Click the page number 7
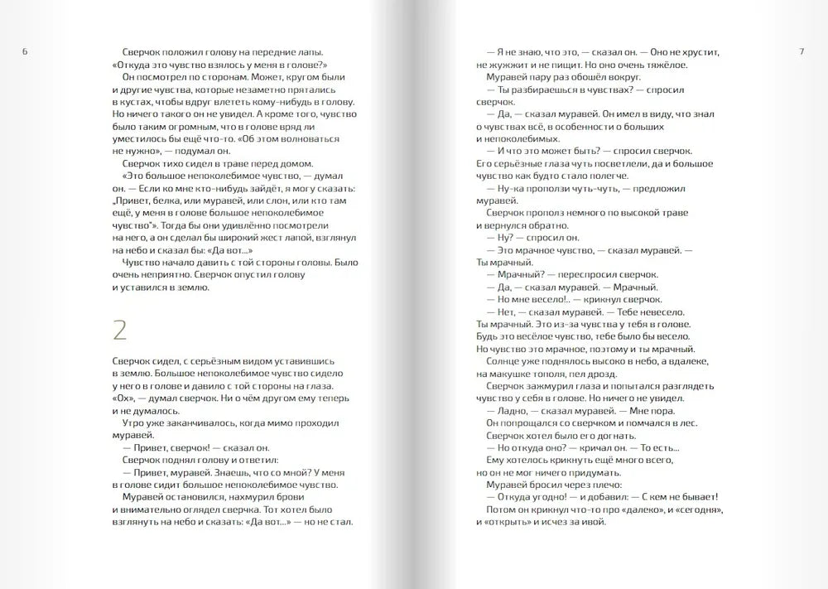[x=802, y=52]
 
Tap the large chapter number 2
[x=120, y=331]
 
